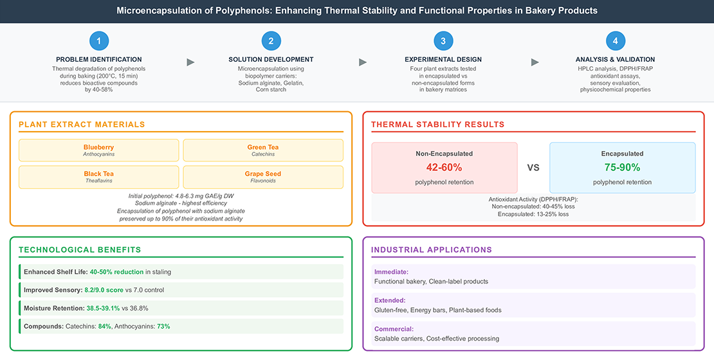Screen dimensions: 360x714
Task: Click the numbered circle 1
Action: pos(98,41)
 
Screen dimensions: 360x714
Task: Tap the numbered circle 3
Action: pos(443,41)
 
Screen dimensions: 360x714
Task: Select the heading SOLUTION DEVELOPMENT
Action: pos(271,60)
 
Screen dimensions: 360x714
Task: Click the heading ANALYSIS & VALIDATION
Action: pos(615,60)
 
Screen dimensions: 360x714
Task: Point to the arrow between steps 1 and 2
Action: pos(190,62)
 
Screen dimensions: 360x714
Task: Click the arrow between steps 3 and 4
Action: pos(535,62)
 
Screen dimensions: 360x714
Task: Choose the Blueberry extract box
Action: pos(99,150)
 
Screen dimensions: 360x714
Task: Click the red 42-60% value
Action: pos(444,168)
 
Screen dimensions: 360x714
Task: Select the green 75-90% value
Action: pos(622,168)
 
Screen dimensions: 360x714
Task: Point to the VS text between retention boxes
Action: pos(533,168)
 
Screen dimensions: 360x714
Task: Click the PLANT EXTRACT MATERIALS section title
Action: pos(82,124)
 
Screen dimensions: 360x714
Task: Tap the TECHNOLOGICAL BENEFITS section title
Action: pos(80,249)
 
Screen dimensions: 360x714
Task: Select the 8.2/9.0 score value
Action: pos(104,290)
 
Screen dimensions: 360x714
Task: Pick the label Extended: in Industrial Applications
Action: pos(390,300)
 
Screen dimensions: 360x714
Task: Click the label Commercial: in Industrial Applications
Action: pos(394,328)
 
